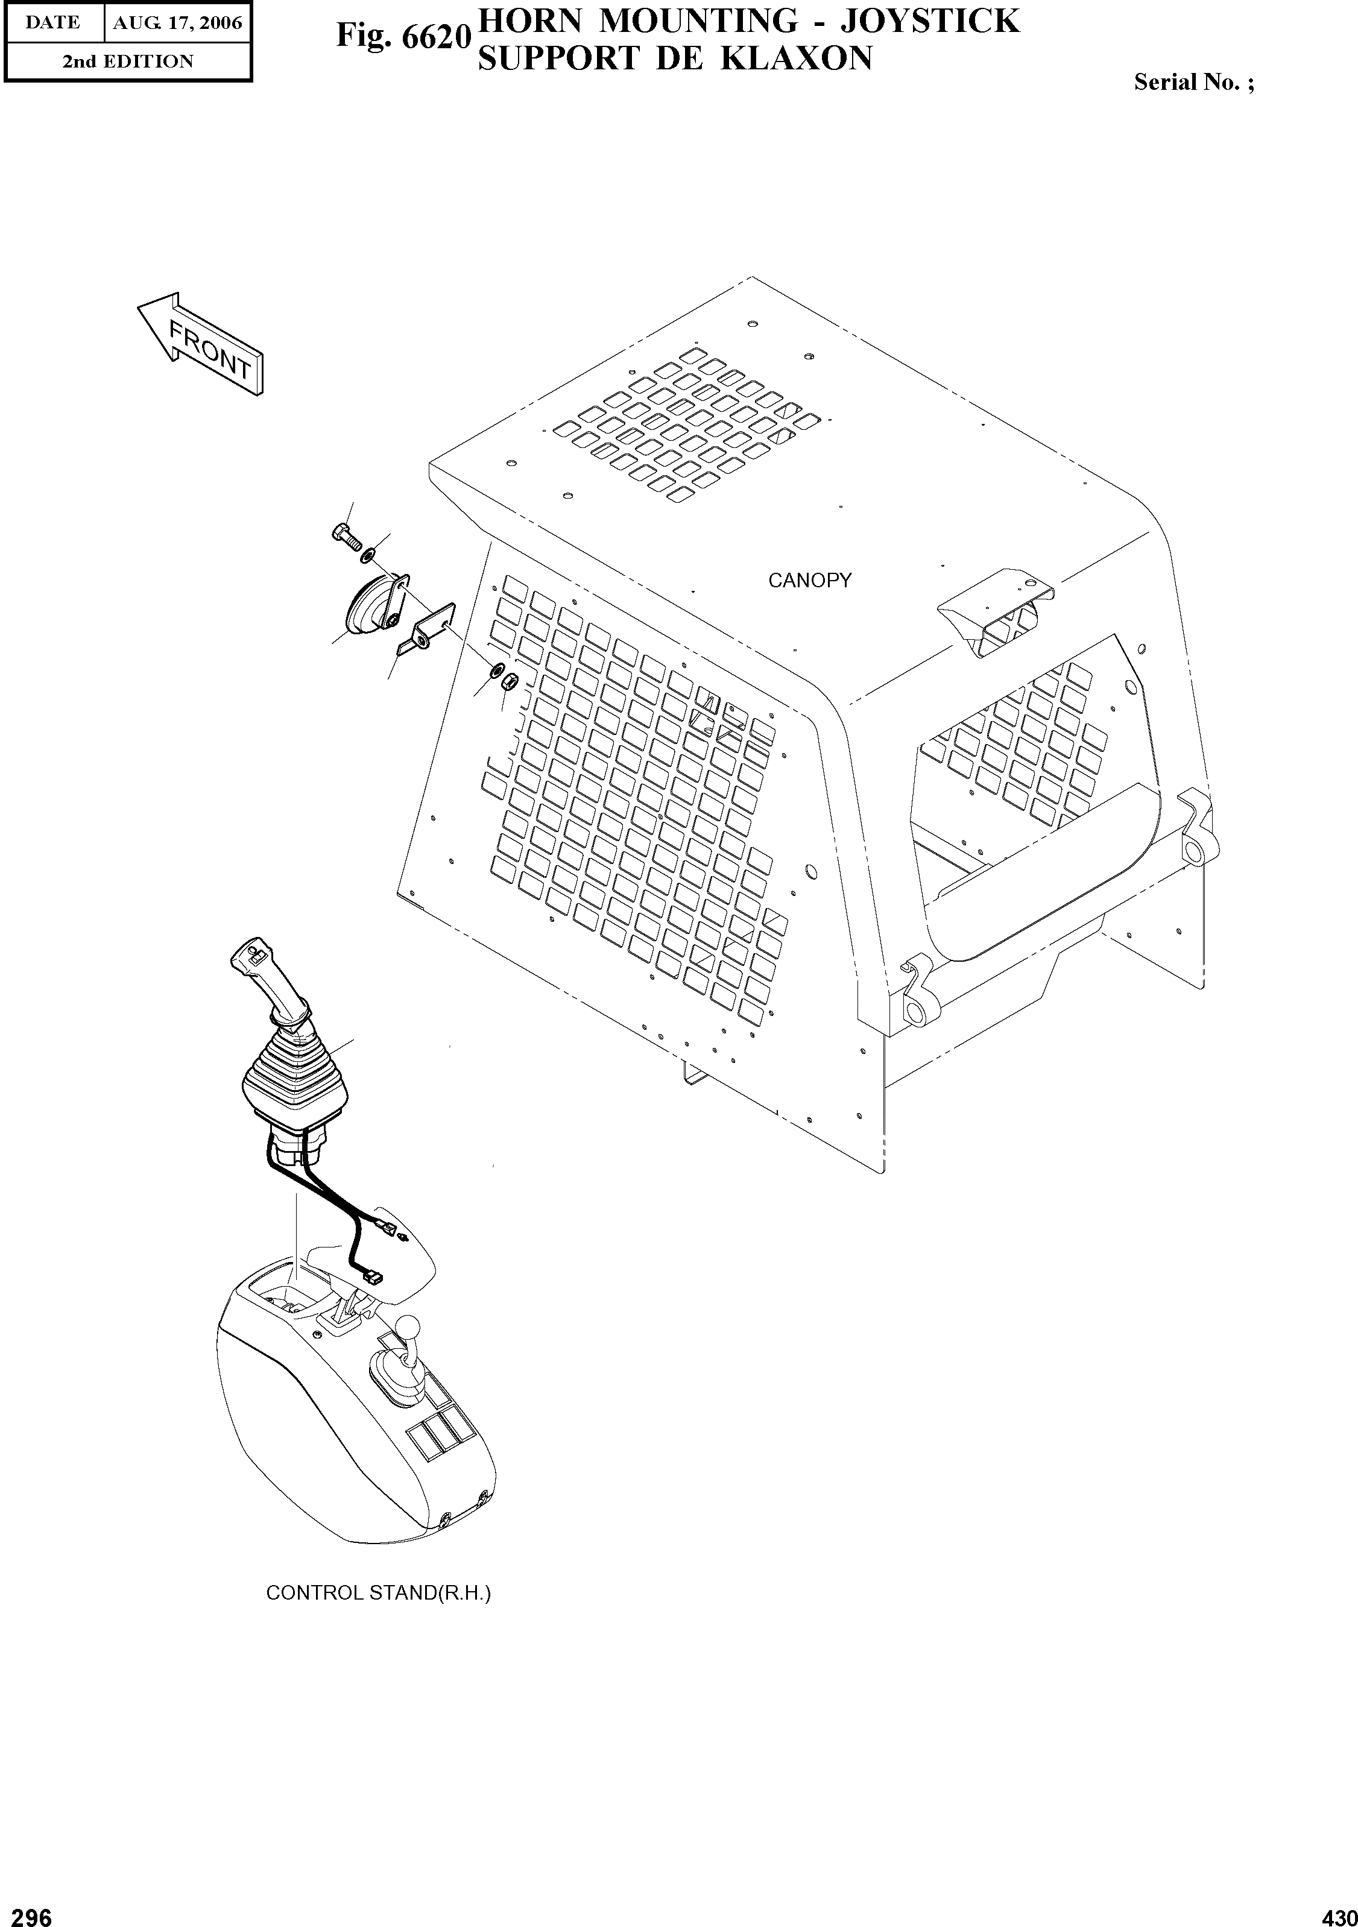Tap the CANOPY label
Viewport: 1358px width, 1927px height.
pos(809,580)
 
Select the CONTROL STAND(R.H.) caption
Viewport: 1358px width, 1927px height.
pos(377,1592)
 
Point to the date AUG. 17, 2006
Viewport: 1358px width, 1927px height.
pos(177,23)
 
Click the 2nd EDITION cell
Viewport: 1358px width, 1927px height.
pos(128,61)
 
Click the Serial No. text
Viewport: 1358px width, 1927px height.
pos(1193,82)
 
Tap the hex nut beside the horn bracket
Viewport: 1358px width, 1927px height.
pos(507,681)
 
